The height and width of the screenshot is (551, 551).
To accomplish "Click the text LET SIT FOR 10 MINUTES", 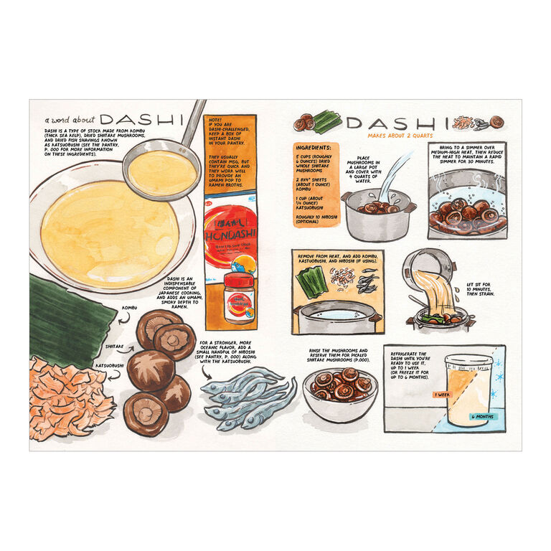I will tap(484, 290).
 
